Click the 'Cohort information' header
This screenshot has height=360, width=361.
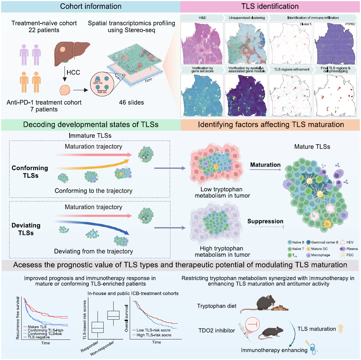(90, 6)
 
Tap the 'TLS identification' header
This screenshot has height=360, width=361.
(270, 6)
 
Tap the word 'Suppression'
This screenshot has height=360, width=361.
(265, 222)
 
